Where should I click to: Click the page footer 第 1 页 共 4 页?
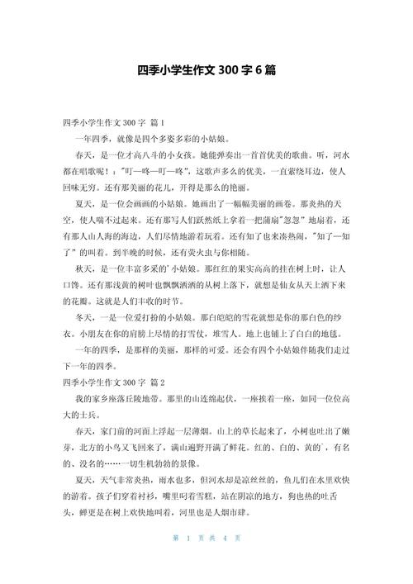[206, 562]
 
